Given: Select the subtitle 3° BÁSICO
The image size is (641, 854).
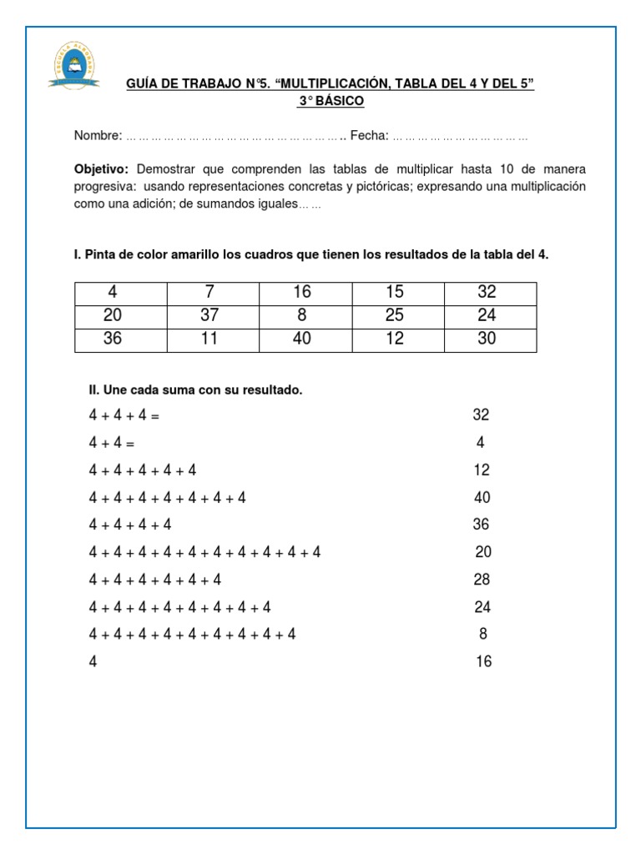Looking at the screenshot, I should [x=331, y=101].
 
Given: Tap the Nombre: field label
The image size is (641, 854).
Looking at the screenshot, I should [x=98, y=135].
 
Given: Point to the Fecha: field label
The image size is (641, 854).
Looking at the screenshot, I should [x=369, y=135].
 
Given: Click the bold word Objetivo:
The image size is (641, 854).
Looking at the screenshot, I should [x=101, y=168].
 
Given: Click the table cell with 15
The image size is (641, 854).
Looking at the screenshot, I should [x=395, y=292].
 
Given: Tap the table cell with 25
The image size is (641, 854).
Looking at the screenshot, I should [x=395, y=315].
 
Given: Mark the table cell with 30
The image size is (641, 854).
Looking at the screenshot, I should [x=487, y=339].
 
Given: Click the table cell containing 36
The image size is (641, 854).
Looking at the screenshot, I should [x=112, y=339].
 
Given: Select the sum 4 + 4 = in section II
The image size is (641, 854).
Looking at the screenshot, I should [x=112, y=443].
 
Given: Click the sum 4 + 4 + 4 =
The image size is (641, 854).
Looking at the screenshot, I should [x=124, y=415].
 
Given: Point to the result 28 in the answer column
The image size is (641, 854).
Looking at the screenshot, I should [x=482, y=580].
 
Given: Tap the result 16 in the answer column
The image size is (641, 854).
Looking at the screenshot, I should [x=483, y=661].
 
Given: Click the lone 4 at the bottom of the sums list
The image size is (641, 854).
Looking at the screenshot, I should [x=93, y=662].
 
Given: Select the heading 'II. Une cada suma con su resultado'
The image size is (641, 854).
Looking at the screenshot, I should [x=195, y=389].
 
